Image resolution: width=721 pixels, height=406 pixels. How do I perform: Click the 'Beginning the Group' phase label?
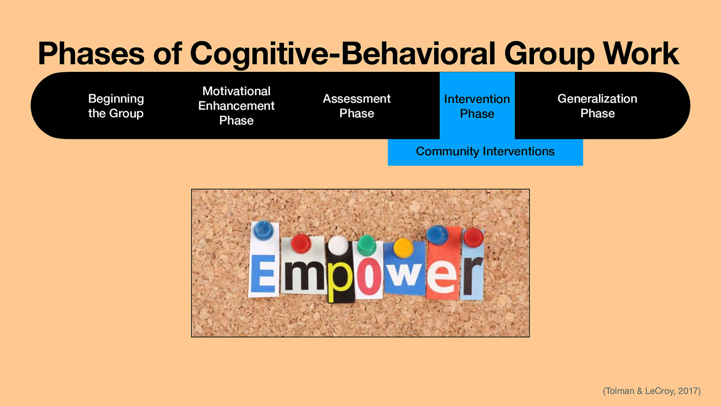(x=116, y=106)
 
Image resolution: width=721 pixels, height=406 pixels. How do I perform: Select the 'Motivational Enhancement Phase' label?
(x=236, y=106)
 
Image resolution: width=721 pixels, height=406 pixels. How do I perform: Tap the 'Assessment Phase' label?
(x=356, y=106)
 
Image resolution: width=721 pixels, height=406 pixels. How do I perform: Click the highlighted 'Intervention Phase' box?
(x=477, y=106)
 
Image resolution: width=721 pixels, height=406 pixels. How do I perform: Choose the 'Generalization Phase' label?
(x=597, y=106)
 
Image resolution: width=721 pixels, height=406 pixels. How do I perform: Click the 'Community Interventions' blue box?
(x=485, y=152)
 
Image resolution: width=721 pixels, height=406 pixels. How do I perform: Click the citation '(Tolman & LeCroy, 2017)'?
(x=652, y=391)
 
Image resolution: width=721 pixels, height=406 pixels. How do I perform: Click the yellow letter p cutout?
(x=340, y=280)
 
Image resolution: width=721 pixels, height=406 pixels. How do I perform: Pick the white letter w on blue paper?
(x=406, y=273)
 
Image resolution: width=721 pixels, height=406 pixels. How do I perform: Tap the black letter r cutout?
(x=472, y=275)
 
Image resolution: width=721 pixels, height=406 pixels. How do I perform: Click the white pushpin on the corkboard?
(x=338, y=245)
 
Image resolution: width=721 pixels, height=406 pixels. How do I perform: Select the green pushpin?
(x=366, y=245)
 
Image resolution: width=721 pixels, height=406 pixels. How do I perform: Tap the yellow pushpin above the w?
(x=403, y=248)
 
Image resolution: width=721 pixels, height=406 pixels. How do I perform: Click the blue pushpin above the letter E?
(x=263, y=230)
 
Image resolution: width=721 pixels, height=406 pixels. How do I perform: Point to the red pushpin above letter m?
(x=301, y=244)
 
